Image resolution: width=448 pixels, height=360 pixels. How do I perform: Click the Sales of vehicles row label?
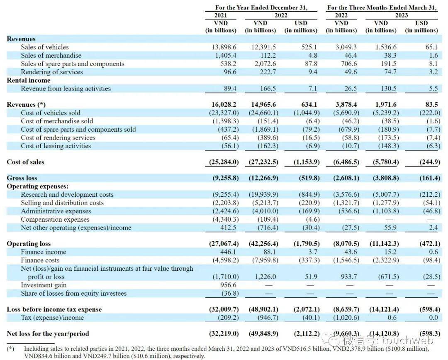pyautogui.click(x=45, y=47)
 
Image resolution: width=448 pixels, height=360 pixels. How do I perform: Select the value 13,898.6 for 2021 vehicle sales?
pyautogui.click(x=224, y=47)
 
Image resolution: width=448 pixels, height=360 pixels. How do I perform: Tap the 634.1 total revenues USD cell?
pyautogui.click(x=307, y=105)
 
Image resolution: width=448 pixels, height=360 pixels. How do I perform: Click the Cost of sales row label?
pyautogui.click(x=25, y=162)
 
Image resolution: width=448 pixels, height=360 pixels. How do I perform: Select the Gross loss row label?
pyautogui.click(x=22, y=178)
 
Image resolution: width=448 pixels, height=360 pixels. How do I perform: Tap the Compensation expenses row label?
pyautogui.click(x=55, y=219)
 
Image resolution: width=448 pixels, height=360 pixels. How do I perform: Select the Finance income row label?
pyautogui.click(x=43, y=252)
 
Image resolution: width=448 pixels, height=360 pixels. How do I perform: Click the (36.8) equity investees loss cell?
pyautogui.click(x=229, y=294)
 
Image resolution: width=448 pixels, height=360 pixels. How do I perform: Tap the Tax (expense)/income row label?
pyautogui.click(x=52, y=318)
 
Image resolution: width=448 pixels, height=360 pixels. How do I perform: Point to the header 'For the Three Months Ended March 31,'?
pyautogui.click(x=382, y=7)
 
